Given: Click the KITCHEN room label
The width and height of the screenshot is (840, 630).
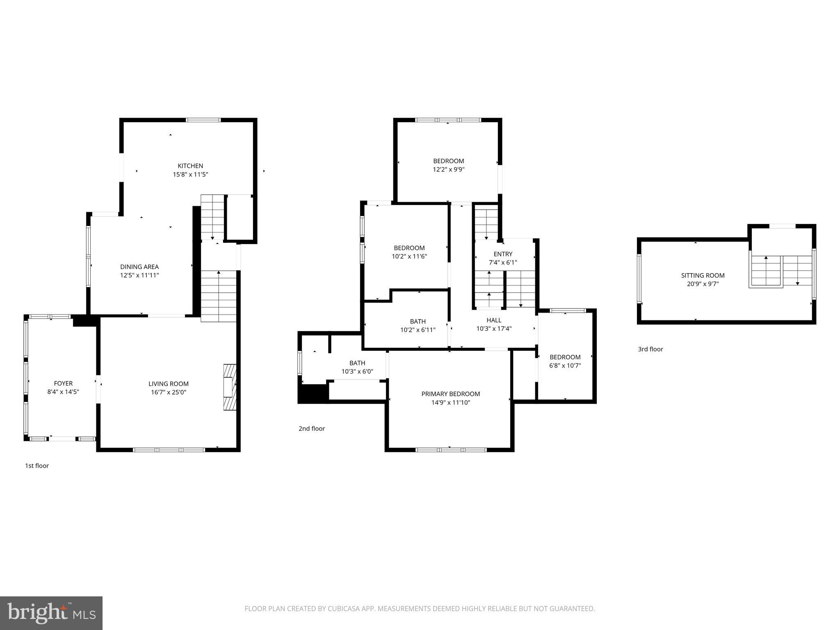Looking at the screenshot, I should coord(190,166).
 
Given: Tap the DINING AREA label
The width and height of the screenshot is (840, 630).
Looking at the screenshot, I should coord(139,267).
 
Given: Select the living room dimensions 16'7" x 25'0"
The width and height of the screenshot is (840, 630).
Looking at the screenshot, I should coord(168,392).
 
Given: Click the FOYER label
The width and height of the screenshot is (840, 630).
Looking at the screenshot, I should coord(63,383).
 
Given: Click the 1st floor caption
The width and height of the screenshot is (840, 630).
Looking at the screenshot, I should coord(37,466).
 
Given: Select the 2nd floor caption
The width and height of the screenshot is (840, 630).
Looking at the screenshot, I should coord(312,428).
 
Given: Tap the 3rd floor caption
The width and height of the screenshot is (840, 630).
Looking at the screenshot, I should coord(650,349).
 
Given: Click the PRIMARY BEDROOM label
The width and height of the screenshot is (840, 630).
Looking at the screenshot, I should coord(450,394).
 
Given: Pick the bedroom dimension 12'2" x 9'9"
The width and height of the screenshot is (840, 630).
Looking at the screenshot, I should coord(449,169).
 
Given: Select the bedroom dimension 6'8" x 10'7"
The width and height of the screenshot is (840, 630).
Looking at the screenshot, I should coord(565,365).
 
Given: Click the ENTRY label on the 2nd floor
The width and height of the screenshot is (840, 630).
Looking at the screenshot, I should coord(503,254).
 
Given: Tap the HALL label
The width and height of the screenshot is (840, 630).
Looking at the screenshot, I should coord(494,320).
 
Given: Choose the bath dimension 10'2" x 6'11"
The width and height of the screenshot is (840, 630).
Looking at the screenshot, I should coord(418,330).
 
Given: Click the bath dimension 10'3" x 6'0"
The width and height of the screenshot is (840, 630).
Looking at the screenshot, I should coord(357,372).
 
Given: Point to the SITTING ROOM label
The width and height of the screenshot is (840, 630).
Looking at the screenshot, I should coord(703,275).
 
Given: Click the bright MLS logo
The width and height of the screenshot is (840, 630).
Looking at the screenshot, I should coord(51,613).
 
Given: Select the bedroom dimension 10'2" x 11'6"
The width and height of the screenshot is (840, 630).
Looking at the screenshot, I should coord(409,256).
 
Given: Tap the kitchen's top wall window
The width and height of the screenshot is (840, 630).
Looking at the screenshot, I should coord(203,120).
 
